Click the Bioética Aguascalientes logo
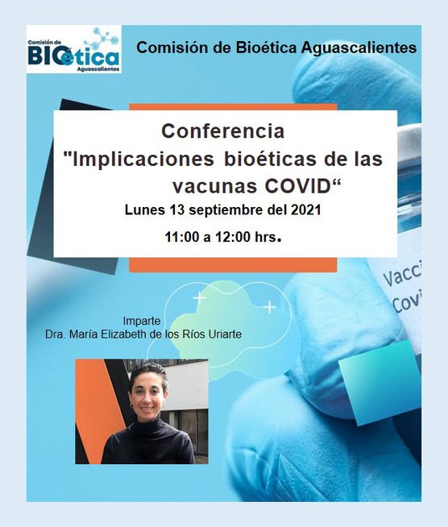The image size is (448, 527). pos(74,49)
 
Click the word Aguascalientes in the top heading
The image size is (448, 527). pos(359,48)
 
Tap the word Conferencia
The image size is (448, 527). pos(223,131)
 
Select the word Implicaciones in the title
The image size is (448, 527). pos(143,160)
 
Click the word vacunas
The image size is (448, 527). pos(215,187)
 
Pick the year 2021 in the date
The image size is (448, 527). pos(305,210)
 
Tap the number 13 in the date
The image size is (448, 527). pos(176,210)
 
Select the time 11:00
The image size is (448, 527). pos(182,237)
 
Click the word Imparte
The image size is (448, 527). pos(142,321)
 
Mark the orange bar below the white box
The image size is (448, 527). pos(233,264)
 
